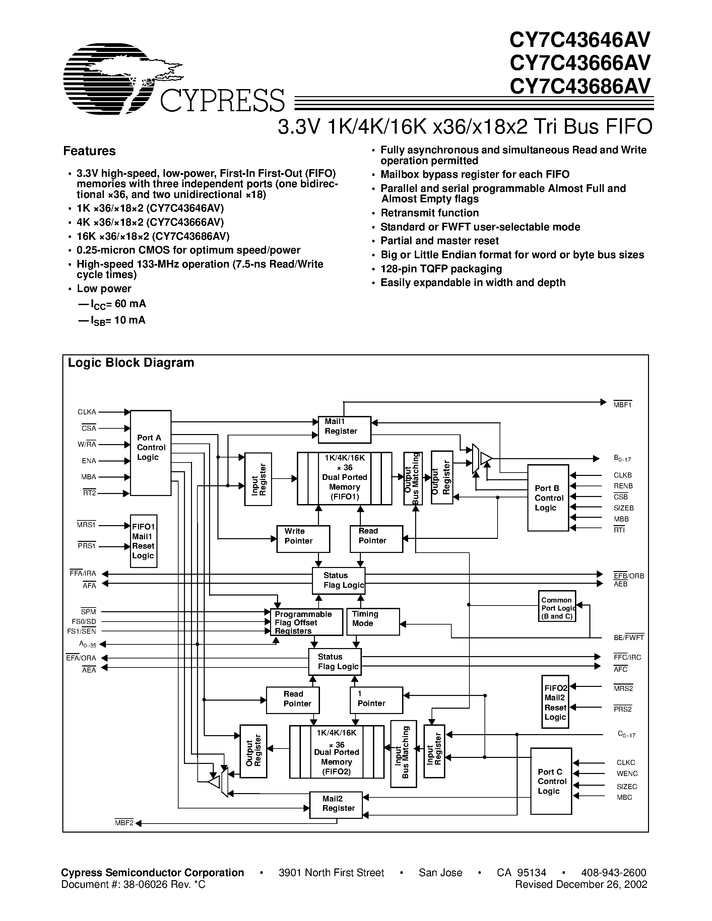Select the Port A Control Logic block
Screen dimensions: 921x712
[150, 452]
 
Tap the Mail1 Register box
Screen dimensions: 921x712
[344, 430]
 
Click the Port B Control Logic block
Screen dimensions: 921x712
[548, 498]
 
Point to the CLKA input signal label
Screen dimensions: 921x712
[87, 412]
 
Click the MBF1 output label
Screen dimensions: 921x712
[622, 405]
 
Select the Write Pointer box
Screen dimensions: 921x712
[303, 539]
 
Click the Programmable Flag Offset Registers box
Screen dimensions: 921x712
[306, 622]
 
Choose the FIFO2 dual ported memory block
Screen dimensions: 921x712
[337, 752]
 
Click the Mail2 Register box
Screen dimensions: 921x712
[336, 804]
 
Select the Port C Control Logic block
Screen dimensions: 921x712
[551, 781]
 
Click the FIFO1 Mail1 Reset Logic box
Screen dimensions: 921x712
[143, 541]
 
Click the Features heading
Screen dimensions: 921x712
[89, 151]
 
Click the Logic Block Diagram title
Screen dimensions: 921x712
[131, 363]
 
